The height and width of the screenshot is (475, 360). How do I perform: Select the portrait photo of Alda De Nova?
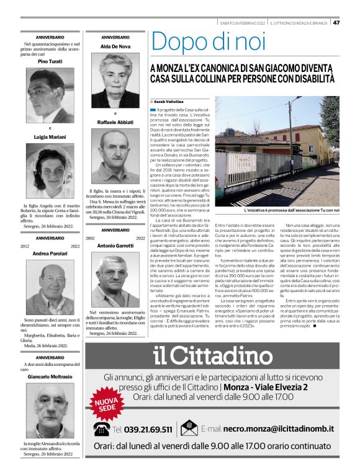click(115, 72)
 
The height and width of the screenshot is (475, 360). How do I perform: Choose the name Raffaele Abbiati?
click(115, 122)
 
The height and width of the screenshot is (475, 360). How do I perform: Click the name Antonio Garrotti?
click(115, 246)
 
